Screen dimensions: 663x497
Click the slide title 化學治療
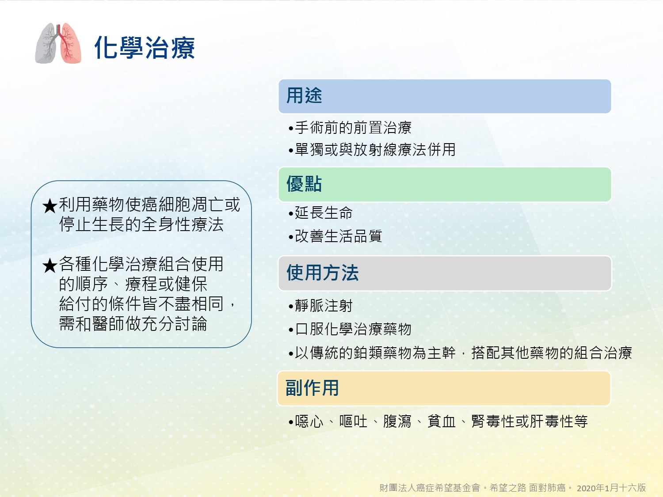145,47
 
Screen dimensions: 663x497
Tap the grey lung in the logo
46,43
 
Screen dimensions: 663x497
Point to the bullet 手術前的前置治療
350,128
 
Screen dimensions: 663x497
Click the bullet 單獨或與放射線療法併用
372,150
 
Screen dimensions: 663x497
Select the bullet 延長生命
320,213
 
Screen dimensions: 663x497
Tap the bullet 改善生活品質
335,236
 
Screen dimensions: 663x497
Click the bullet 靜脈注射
320,306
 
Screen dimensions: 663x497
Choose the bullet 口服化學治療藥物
350,329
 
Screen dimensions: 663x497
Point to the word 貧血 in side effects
441,421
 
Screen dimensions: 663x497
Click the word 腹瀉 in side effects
397,421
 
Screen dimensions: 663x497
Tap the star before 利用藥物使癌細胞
50,206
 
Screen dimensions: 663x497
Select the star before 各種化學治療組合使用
50,266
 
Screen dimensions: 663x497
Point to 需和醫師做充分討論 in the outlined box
133,323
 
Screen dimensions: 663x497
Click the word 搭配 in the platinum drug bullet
486,353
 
